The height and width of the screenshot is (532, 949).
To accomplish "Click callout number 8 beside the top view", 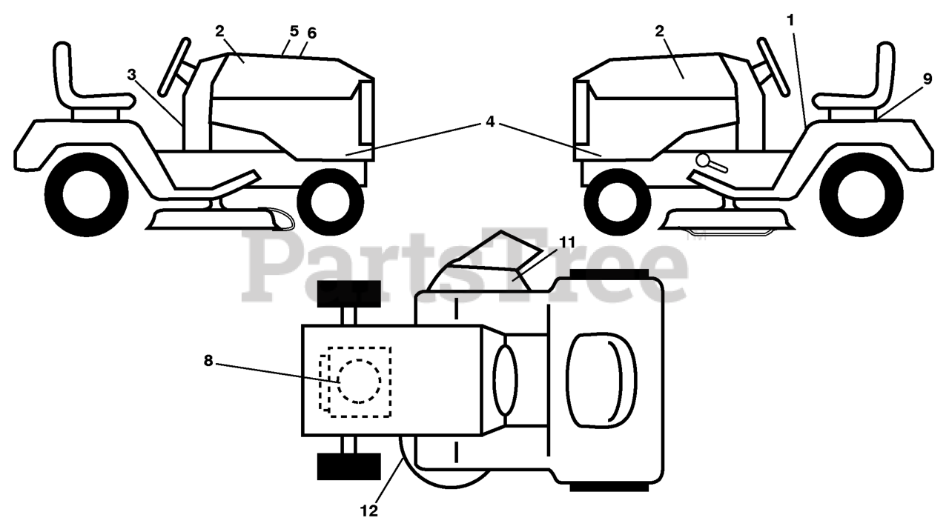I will pyautogui.click(x=208, y=361).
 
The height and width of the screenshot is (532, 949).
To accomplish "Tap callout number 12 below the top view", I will pyautogui.click(x=368, y=511).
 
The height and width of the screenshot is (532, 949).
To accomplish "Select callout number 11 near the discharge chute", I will pyautogui.click(x=567, y=242).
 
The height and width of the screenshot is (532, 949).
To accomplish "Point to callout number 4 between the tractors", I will pyautogui.click(x=489, y=122).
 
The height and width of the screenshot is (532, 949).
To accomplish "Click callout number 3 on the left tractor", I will pyautogui.click(x=131, y=75).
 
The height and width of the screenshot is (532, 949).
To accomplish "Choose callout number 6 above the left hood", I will pyautogui.click(x=311, y=33).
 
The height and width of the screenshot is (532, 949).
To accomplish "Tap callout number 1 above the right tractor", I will pyautogui.click(x=790, y=21).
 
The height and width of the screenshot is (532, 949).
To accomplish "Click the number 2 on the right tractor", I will pyautogui.click(x=659, y=30).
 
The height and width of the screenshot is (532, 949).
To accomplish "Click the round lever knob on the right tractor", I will pyautogui.click(x=703, y=159).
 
